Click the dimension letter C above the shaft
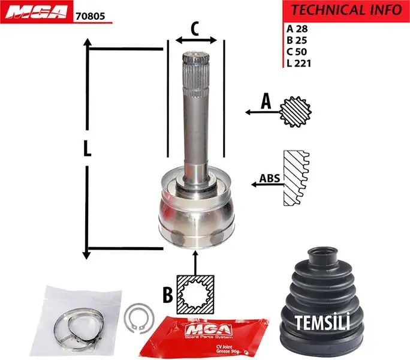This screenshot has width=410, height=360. coord(194,28)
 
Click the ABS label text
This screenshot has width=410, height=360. coord(269,178)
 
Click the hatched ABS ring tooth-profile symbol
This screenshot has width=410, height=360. coord(296,179)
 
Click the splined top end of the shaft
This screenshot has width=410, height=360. coord(195,66)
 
